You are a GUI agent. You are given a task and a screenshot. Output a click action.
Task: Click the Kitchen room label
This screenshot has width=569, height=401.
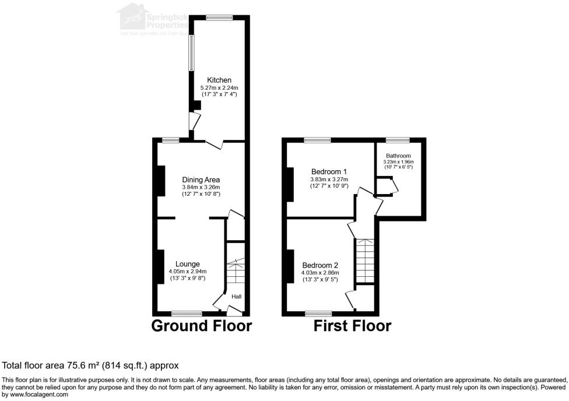click(x=219, y=80)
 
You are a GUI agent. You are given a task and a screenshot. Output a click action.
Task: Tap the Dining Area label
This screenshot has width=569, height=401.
click(x=201, y=180)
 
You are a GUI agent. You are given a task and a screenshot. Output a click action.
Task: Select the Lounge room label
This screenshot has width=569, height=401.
click(x=188, y=264)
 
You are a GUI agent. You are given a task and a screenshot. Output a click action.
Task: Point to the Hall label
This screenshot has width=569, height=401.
click(x=236, y=297)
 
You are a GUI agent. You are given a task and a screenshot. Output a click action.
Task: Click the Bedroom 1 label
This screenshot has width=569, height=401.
click(x=329, y=171)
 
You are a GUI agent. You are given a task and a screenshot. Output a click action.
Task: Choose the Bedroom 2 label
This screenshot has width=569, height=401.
click(x=319, y=265)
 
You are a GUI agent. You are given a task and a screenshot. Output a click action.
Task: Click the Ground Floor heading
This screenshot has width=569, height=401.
click(x=202, y=326)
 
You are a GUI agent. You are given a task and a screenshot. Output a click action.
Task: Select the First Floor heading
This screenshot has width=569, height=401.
click(x=352, y=326)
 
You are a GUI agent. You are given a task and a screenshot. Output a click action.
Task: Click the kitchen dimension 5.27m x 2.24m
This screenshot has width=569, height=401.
click(x=219, y=87)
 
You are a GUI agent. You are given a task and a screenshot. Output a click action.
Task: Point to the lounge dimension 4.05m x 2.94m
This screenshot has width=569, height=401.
click(x=188, y=272)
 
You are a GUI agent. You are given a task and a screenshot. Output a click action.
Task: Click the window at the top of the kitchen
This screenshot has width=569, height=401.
click(x=219, y=17)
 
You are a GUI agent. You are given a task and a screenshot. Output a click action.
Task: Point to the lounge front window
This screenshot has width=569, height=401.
click(x=187, y=314)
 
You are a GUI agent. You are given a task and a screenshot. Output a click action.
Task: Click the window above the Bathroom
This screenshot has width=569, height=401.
click(x=397, y=140)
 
